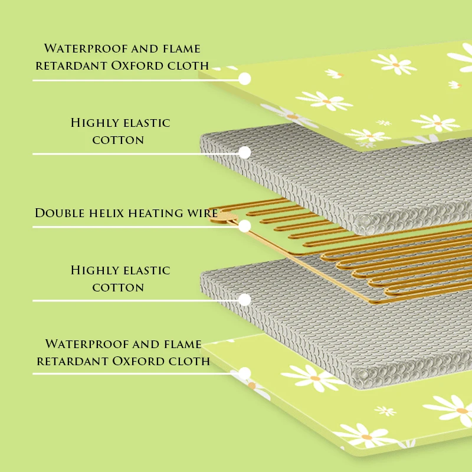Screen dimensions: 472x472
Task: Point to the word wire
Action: (x=200, y=212)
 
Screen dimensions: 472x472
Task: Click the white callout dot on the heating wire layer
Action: (x=244, y=226)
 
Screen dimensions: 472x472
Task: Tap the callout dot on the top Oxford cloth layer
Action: (x=244, y=78)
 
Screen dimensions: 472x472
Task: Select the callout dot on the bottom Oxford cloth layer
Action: (x=244, y=373)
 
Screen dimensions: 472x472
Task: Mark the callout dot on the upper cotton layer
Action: (x=244, y=152)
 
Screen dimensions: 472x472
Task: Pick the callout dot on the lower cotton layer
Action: (x=244, y=300)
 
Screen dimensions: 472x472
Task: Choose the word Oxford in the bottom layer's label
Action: (x=134, y=360)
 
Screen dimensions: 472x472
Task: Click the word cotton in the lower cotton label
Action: (x=118, y=287)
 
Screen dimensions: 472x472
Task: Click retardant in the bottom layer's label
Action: (x=71, y=360)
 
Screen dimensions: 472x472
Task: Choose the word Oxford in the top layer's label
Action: (x=133, y=65)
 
